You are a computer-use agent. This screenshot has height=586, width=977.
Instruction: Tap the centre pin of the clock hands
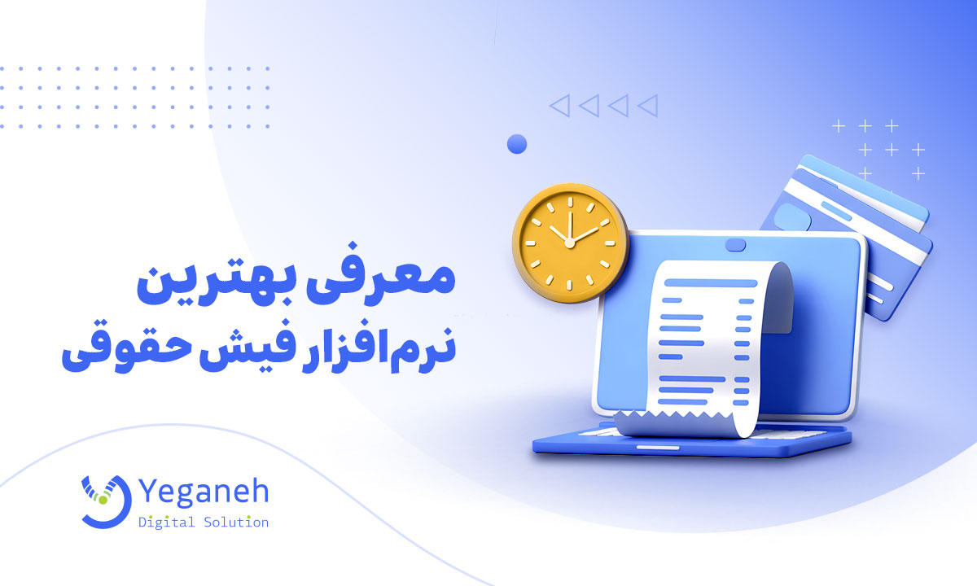click(x=570, y=242)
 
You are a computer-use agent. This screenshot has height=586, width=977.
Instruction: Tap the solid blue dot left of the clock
click(x=517, y=145)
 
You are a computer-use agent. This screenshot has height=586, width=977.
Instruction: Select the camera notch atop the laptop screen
click(x=736, y=244)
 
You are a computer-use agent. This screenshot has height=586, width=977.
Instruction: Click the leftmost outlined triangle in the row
click(x=559, y=106)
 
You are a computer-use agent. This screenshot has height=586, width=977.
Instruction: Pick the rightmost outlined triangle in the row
click(x=647, y=106)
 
